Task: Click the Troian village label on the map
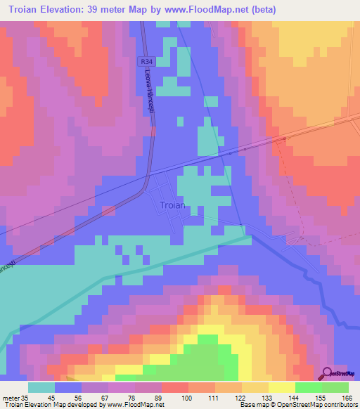172,205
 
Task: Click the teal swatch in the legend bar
41,387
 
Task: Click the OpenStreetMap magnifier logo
327,373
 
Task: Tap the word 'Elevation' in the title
65,10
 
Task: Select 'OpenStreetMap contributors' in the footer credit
319,405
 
